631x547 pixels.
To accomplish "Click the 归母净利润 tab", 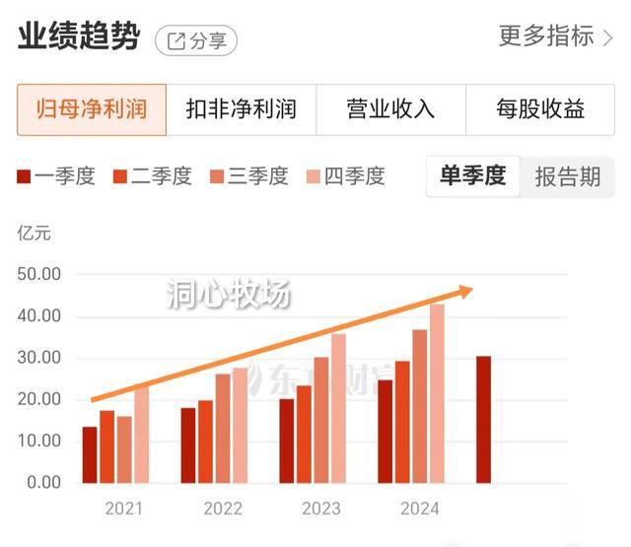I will pyautogui.click(x=91, y=108).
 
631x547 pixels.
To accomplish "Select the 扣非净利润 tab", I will pyautogui.click(x=241, y=108).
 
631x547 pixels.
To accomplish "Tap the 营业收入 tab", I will pyautogui.click(x=390, y=108).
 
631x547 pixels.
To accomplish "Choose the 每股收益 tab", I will pyautogui.click(x=540, y=108).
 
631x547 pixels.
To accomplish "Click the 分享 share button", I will pyautogui.click(x=196, y=40).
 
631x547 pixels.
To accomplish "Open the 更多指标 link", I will pyautogui.click(x=556, y=37).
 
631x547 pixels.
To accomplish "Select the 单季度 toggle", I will pyautogui.click(x=472, y=176).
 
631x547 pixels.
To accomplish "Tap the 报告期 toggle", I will pyautogui.click(x=568, y=176).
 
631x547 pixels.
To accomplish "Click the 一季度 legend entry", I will pyautogui.click(x=56, y=176).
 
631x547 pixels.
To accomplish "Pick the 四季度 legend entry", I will pyautogui.click(x=346, y=176).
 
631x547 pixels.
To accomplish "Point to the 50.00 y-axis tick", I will pyautogui.click(x=39, y=274).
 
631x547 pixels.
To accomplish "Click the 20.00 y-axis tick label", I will pyautogui.click(x=39, y=399).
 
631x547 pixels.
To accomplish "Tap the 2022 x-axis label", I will pyautogui.click(x=223, y=510).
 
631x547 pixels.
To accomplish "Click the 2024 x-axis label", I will pyautogui.click(x=420, y=510).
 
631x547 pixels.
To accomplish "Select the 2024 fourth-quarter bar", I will pyautogui.click(x=437, y=394).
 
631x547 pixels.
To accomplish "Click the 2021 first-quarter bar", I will pyautogui.click(x=90, y=455).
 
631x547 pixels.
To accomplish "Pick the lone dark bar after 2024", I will pyautogui.click(x=483, y=420).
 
